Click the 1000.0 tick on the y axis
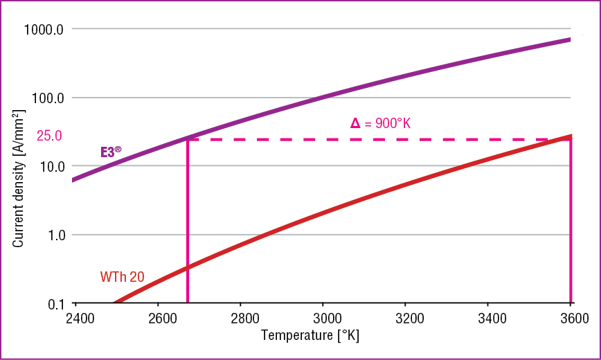(x=44, y=30)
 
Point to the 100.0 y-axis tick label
(x=47, y=98)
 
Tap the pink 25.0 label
(x=49, y=136)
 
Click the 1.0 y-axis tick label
(x=53, y=235)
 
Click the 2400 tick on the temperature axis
(x=76, y=319)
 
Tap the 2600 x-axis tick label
(x=159, y=319)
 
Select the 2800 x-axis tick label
(x=240, y=319)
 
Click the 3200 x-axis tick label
(x=405, y=319)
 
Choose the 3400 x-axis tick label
(x=487, y=319)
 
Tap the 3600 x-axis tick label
(x=570, y=319)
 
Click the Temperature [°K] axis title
(x=310, y=336)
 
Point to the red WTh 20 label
(x=123, y=277)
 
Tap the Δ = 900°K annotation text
(x=381, y=124)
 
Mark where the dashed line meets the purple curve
(x=188, y=139)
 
